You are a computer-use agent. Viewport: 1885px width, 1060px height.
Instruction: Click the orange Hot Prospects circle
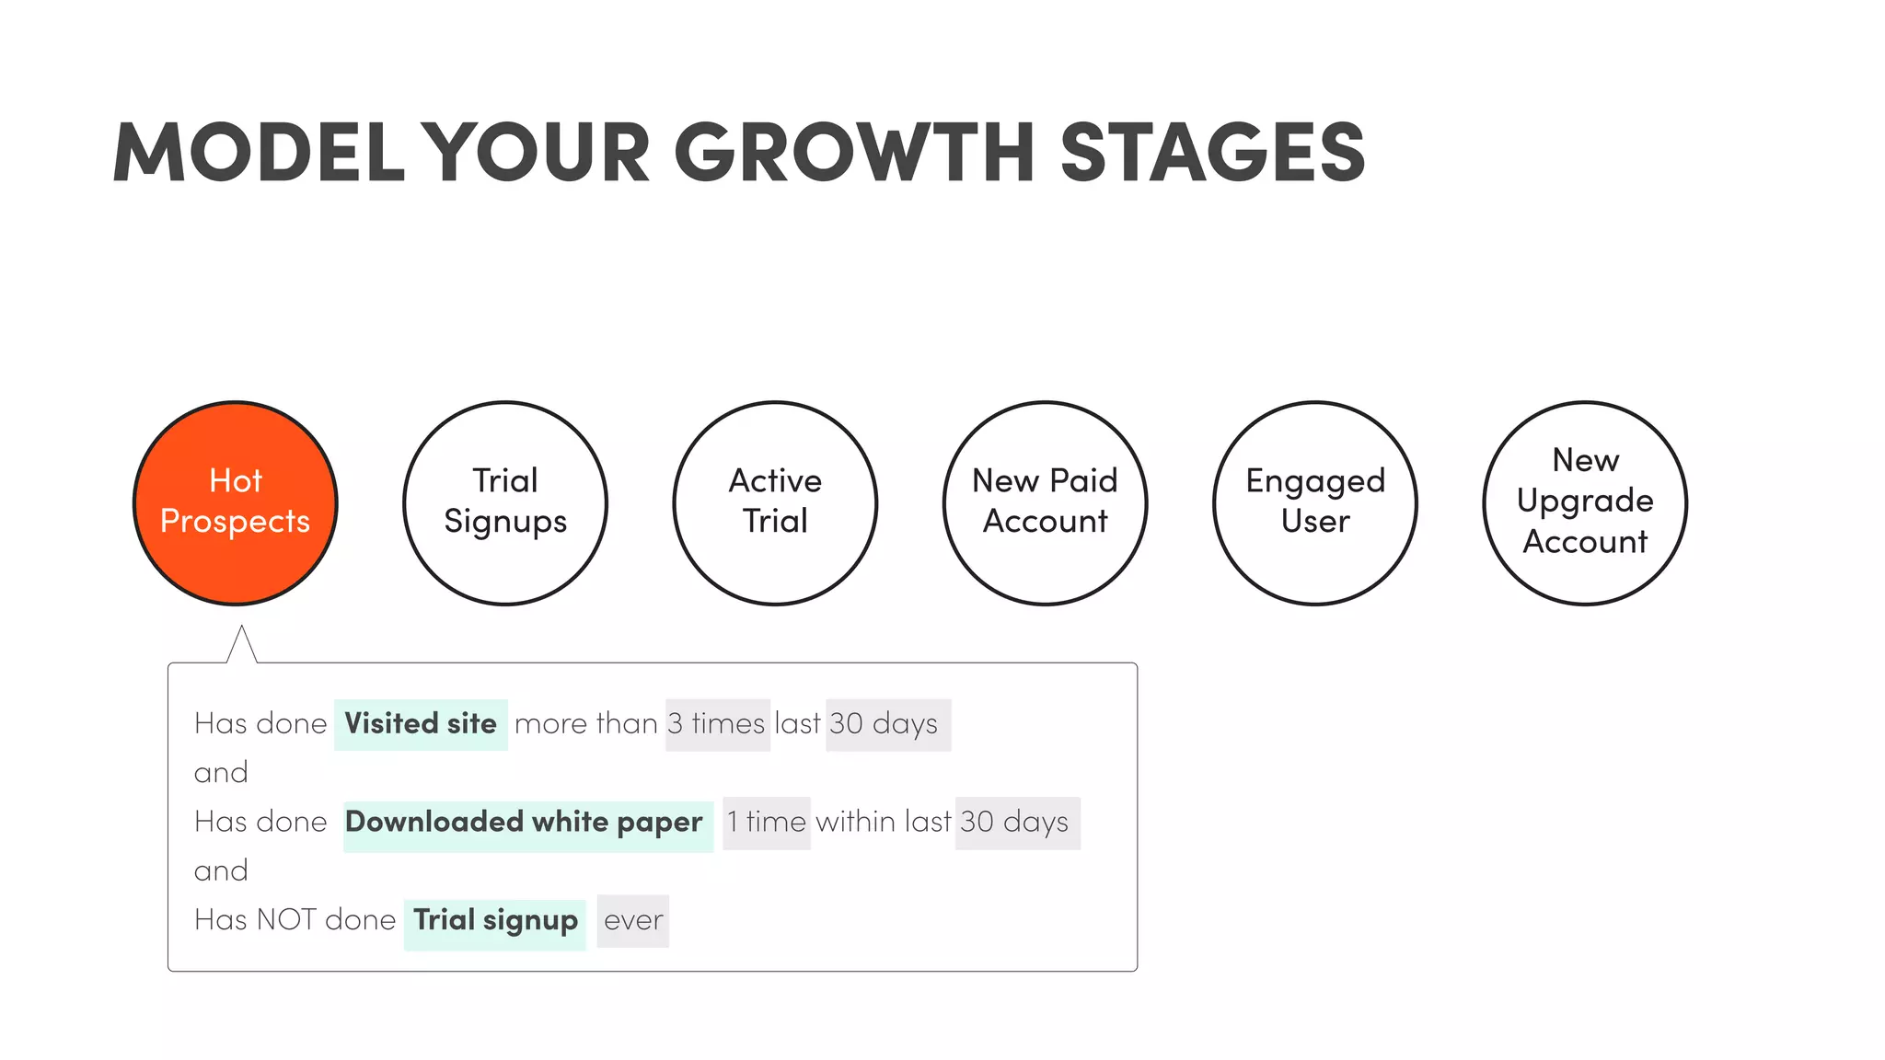236,502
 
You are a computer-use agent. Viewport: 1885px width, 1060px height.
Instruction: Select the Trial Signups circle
505,502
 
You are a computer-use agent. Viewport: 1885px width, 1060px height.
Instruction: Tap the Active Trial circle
775,502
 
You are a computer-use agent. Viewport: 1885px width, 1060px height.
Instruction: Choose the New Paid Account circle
1045,502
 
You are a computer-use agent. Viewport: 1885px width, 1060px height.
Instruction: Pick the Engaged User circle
1315,502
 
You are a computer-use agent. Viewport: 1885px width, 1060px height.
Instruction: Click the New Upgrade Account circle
1585,502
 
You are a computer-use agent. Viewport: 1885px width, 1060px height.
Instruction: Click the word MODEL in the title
259,152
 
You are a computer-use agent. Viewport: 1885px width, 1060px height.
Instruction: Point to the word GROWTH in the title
855,152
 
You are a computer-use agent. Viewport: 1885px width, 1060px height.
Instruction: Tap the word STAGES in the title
1212,152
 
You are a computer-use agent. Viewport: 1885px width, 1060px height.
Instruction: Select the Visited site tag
421,724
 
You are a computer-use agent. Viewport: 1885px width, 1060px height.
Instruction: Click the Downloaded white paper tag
527,823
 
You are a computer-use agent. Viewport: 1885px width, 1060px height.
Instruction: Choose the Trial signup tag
495,921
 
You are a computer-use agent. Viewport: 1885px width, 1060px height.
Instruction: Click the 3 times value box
717,724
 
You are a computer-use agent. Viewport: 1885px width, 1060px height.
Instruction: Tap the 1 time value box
766,823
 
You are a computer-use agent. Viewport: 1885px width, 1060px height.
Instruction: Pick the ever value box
633,921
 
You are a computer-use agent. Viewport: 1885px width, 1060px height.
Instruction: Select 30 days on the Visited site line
886,724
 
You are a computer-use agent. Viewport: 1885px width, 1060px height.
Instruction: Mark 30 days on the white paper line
1016,823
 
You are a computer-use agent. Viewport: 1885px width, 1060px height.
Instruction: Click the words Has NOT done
295,920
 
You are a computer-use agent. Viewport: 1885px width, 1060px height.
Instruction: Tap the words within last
883,822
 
